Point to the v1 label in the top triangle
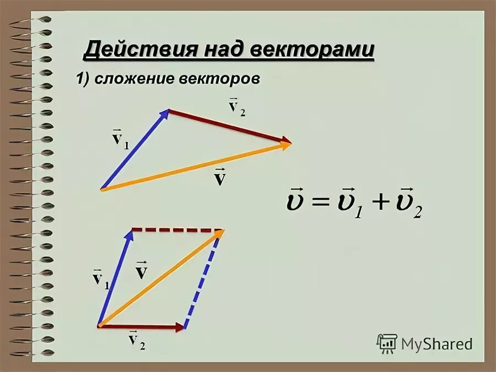[x=120, y=138]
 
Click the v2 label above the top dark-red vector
[x=236, y=106]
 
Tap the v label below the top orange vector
[x=219, y=177]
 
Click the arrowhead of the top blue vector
[x=165, y=114]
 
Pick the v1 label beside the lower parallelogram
[x=100, y=278]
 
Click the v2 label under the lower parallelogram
[x=136, y=340]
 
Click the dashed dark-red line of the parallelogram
[x=176, y=230]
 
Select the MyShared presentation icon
[x=387, y=343]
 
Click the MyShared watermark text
[x=436, y=344]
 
